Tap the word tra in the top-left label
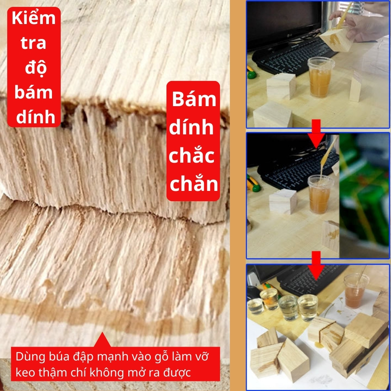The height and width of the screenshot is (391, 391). pos(34,43)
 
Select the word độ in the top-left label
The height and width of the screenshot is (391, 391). pos(36,68)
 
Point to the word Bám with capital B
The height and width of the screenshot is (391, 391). pos(194,99)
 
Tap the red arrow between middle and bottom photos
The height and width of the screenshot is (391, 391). pos(316,266)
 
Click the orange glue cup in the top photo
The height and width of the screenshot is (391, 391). pos(320,77)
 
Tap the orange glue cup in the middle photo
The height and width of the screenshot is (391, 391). pos(320,194)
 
